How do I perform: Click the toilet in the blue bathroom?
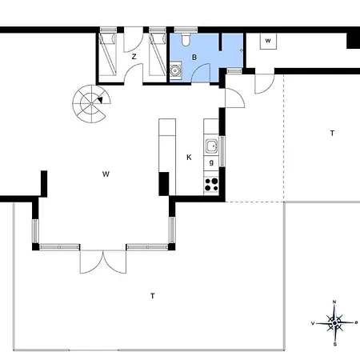tap(186, 39)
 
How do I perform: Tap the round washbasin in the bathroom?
tap(175, 71)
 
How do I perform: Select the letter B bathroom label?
tap(194, 57)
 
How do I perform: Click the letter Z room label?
tap(134, 57)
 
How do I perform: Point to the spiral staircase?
tap(91, 104)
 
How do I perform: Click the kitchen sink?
tap(212, 146)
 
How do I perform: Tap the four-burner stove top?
tap(211, 185)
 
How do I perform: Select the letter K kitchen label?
tap(189, 158)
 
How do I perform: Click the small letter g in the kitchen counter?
tap(211, 162)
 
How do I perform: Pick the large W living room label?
tap(106, 174)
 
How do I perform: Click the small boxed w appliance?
tap(268, 41)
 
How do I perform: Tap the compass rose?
tap(334, 323)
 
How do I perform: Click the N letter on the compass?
tap(334, 302)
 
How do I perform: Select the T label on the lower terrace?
tap(153, 296)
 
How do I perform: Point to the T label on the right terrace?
tap(332, 133)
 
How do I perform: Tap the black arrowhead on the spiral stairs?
tap(100, 100)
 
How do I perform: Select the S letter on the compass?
tap(335, 344)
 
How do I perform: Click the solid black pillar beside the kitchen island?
tap(164, 184)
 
